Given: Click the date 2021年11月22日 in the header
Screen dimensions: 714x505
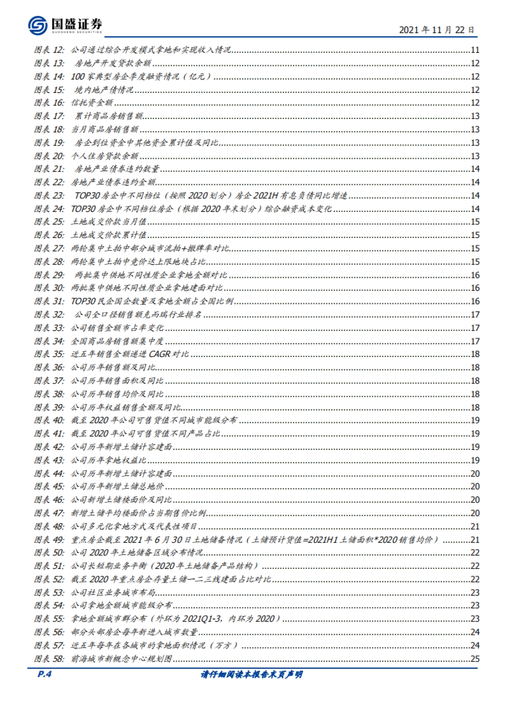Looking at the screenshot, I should coord(436,30).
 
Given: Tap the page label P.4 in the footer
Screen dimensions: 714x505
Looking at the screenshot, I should coord(44,674).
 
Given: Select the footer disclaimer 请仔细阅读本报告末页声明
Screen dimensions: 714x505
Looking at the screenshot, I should coord(252,674).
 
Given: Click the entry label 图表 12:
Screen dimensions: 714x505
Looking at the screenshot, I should coord(49,50).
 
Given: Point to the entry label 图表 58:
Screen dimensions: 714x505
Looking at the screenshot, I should coord(49,658).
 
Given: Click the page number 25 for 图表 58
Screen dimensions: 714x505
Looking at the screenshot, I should coord(475,658).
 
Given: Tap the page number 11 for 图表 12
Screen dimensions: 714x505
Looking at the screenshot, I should coord(475,50).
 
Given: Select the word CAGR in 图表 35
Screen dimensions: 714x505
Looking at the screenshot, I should coord(160,354).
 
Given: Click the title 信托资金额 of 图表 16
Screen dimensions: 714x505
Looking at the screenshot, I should coord(92,103).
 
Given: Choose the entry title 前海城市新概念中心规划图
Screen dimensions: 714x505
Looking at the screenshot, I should coord(122,658).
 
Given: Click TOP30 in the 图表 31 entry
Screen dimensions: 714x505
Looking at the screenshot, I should coord(83,301).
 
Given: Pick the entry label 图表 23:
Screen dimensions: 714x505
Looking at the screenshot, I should coord(49,196).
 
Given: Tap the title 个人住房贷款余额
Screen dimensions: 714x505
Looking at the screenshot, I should coord(104,156).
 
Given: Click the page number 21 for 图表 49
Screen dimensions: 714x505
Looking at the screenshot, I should coord(475,539).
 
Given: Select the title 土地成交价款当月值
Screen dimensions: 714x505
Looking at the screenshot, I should coord(109,222).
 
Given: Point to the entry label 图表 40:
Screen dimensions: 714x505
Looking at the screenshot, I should coord(49,420).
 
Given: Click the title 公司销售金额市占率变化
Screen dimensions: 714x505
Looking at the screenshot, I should coord(117,328).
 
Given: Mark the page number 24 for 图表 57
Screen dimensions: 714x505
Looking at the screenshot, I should coord(475,645).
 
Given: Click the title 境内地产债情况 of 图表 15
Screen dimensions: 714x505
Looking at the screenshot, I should coord(104,90).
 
